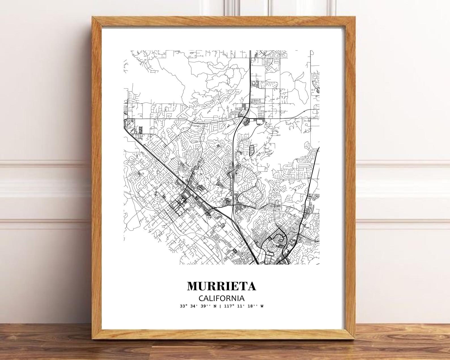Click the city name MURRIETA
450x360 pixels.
pos(222,286)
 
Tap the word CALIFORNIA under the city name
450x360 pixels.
pos(222,298)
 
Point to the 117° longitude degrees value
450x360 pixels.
pos(228,306)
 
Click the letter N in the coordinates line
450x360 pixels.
pos(215,306)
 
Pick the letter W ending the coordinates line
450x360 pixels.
pos(262,306)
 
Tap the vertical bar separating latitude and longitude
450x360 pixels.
pos(220,306)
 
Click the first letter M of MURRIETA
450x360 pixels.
pos(193,286)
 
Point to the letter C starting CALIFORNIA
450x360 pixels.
pos(201,298)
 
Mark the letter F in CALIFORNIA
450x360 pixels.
pos(220,298)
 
